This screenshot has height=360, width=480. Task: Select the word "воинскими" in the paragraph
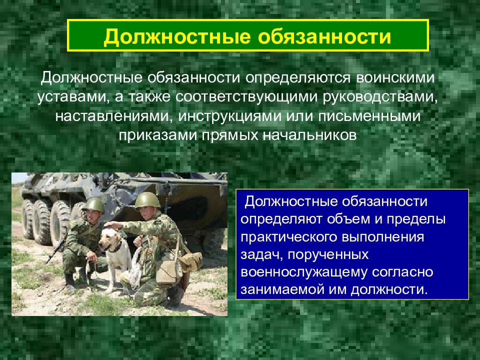click(395, 78)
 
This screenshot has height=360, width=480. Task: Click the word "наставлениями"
click(112, 116)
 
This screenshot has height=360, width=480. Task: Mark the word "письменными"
click(369, 116)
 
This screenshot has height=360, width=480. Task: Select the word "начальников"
click(310, 135)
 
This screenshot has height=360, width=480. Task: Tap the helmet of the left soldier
click(93, 204)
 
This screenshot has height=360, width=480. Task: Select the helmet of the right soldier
click(147, 200)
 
